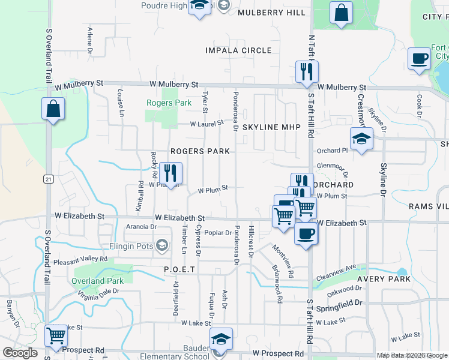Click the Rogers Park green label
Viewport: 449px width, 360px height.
pyautogui.click(x=169, y=103)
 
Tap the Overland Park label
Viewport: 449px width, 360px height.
pyautogui.click(x=97, y=281)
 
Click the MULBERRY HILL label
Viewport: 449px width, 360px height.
pyautogui.click(x=271, y=13)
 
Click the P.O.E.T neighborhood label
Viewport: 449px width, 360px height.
pyautogui.click(x=180, y=270)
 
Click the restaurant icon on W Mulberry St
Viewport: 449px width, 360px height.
pyautogui.click(x=307, y=72)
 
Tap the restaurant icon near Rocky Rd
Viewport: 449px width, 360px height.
pyautogui.click(x=170, y=173)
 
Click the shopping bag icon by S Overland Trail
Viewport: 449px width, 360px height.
pyautogui.click(x=53, y=109)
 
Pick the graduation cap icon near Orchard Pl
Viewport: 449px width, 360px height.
pyautogui.click(x=361, y=139)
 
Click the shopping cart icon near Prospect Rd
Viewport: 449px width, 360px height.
pyautogui.click(x=56, y=335)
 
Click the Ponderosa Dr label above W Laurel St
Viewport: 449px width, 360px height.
pyautogui.click(x=236, y=105)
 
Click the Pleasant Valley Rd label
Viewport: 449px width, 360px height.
pyautogui.click(x=80, y=260)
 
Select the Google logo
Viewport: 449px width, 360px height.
pyautogui.click(x=20, y=353)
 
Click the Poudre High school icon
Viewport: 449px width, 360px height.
pyautogui.click(x=199, y=6)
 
